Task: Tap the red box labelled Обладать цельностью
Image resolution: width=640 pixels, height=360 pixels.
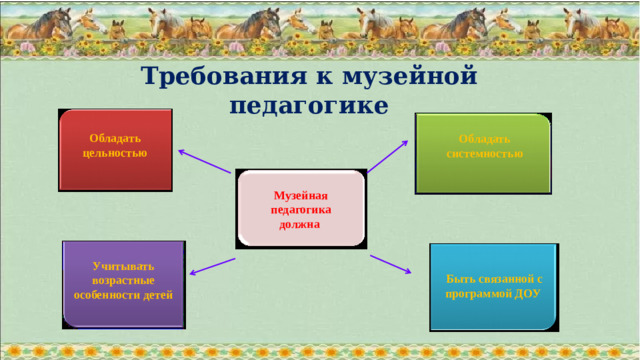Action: (x=116, y=150)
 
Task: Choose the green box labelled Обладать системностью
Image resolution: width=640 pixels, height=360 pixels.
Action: (x=483, y=152)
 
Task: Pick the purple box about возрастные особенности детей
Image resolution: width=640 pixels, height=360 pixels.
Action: (x=124, y=284)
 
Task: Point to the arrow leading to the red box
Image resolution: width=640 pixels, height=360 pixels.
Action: (x=206, y=161)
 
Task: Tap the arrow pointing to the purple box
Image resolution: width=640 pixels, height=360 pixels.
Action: (x=211, y=265)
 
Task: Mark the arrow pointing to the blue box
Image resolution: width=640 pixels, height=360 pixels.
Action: (x=391, y=264)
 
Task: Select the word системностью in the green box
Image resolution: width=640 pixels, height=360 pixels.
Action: (x=484, y=154)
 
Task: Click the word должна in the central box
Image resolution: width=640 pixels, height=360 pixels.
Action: (x=300, y=225)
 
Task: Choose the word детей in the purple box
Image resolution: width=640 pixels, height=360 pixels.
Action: (x=158, y=296)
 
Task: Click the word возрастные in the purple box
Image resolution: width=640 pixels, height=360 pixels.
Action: (x=123, y=281)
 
